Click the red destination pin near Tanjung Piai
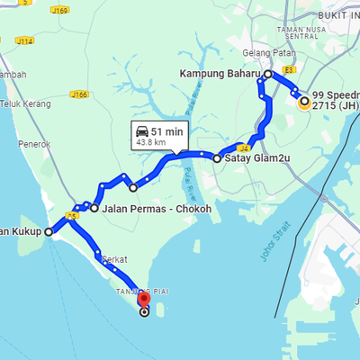(x=143, y=299)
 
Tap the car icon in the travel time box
(x=142, y=130)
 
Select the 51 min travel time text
(x=167, y=130)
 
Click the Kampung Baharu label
(x=220, y=73)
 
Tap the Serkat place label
(x=114, y=259)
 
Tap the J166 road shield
(x=79, y=94)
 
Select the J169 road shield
(x=60, y=11)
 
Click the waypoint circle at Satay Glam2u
(x=217, y=157)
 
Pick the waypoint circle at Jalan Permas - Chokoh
(x=94, y=208)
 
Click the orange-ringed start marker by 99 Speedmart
(x=304, y=102)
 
